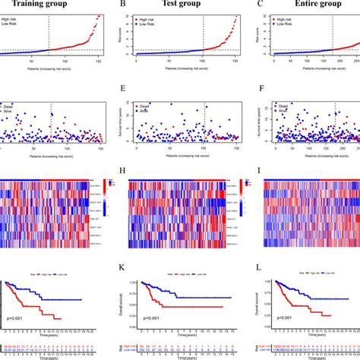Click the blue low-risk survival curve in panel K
pos(197,298)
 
